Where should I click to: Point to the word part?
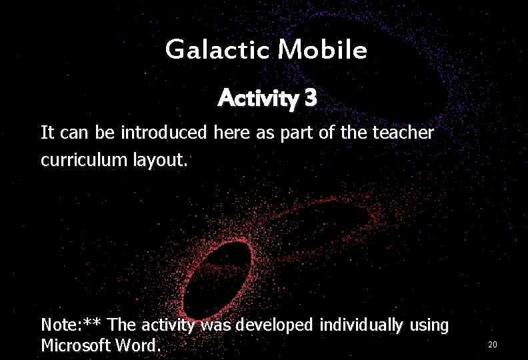(300, 133)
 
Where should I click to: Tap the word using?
(429, 327)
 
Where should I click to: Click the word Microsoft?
(73, 346)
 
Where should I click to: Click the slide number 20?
(493, 345)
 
